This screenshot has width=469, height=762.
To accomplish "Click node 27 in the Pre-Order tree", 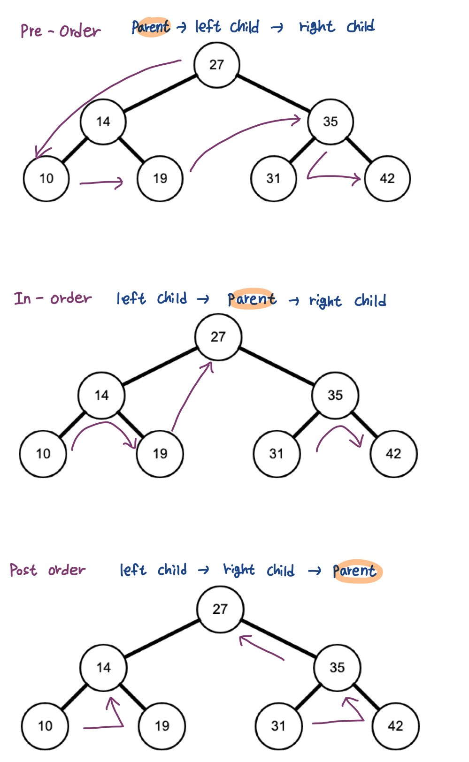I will point(216,65).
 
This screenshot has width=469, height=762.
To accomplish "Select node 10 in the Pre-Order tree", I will point(46,178).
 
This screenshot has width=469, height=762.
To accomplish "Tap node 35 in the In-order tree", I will point(335,395).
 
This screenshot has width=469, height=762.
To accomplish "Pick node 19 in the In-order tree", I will point(160,454).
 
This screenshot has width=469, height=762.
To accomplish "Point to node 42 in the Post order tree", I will point(395,726).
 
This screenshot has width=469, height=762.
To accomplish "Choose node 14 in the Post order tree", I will point(103,667).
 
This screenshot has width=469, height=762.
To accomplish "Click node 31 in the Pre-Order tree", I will point(273,178).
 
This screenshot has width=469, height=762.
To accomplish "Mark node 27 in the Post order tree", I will point(220,609).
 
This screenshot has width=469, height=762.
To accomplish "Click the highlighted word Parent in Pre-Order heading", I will point(151,27).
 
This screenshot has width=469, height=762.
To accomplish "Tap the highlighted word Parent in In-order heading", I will point(252,299).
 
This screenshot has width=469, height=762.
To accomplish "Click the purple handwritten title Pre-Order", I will point(60,31).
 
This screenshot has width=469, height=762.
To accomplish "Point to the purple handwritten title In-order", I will point(53,298).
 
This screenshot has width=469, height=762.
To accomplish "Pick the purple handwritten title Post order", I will point(47,570).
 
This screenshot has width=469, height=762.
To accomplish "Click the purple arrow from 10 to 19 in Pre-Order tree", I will point(101,183).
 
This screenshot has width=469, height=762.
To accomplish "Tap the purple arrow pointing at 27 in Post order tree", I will point(262,648).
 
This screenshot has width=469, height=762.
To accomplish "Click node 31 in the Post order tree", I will point(278,726).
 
